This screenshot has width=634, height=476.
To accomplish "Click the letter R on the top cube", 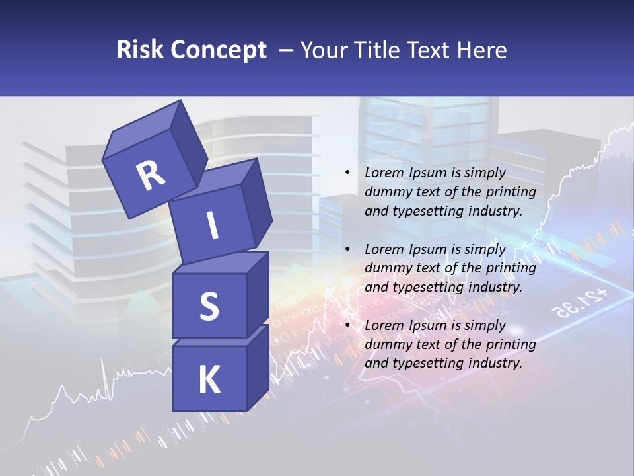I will [x=151, y=175].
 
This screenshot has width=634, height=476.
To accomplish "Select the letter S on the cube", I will [x=209, y=305].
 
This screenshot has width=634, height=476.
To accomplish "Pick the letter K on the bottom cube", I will [x=209, y=379].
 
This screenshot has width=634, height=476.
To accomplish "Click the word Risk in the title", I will [x=140, y=50].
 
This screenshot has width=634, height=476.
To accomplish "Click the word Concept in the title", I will [x=219, y=50].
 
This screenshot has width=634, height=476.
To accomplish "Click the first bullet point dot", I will [x=347, y=173].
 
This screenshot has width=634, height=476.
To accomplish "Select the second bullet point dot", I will [x=347, y=249].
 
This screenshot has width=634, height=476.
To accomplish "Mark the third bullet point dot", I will [x=347, y=325].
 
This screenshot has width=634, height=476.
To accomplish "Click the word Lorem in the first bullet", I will [x=385, y=173].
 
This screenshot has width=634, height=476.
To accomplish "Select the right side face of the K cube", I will [x=258, y=368].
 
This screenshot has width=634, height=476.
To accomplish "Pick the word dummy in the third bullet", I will [x=386, y=344].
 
